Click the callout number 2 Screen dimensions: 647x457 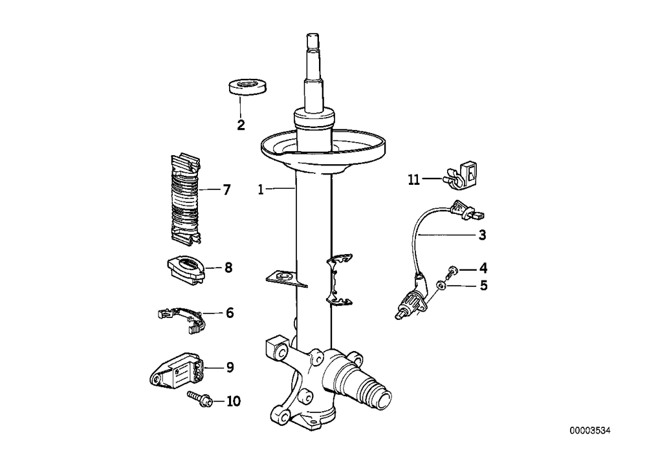[x=241, y=125]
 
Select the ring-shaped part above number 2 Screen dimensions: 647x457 [x=247, y=87]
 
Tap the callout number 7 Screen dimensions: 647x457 [x=226, y=190]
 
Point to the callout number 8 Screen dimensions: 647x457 [x=228, y=268]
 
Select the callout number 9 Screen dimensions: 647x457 [x=230, y=367]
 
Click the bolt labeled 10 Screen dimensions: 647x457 [x=200, y=398]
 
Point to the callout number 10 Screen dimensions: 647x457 [x=234, y=401]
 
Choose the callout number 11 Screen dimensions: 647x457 [x=414, y=180]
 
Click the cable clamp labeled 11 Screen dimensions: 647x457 [x=460, y=176]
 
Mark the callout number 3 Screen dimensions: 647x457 [x=483, y=235]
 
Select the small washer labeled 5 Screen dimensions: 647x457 [x=442, y=284]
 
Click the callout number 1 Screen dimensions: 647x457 [x=260, y=190]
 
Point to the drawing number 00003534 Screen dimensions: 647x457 [x=589, y=431]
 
